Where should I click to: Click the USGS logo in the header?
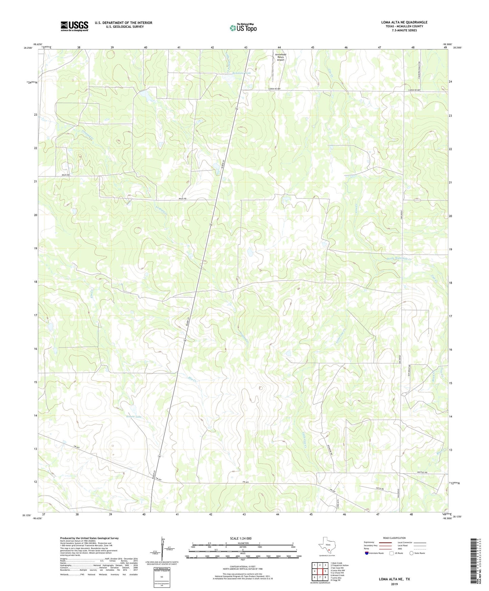pos(74,26)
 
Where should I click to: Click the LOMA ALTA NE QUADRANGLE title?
pos(404,22)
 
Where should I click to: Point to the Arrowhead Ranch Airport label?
pos(280,57)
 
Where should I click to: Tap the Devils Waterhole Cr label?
pos(399,259)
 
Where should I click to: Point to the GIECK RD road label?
pos(380,489)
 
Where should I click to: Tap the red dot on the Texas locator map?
pos(328,550)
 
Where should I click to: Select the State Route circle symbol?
pos(411,553)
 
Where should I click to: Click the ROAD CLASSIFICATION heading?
pos(394,538)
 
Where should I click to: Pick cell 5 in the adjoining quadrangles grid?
pos(325,571)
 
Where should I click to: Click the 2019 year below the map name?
pos(394,584)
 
